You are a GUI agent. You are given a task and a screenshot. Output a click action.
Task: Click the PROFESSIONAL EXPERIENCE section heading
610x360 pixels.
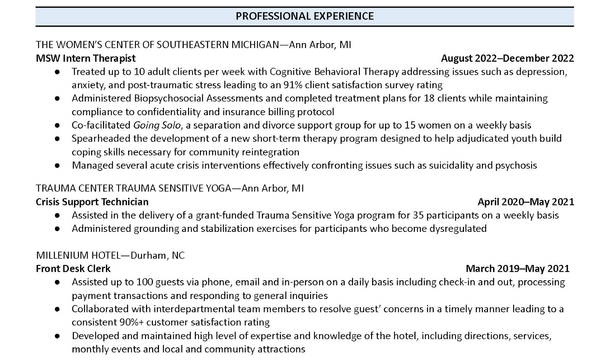(x=305, y=16)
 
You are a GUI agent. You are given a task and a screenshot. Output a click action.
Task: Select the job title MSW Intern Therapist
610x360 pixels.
(x=86, y=58)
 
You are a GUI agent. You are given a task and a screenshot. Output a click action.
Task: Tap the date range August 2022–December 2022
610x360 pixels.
(x=507, y=58)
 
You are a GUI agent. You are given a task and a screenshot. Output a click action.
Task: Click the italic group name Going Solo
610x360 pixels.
(x=157, y=125)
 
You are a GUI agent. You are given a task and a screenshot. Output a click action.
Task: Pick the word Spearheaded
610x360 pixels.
(x=101, y=138)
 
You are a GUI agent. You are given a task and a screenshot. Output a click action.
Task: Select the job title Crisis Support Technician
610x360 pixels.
(x=92, y=202)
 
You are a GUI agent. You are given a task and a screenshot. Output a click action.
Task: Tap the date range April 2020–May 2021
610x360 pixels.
(x=526, y=202)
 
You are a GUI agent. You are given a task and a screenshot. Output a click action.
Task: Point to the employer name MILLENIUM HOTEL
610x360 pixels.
(x=78, y=255)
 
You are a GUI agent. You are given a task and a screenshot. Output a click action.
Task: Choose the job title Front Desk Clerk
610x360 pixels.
(x=73, y=269)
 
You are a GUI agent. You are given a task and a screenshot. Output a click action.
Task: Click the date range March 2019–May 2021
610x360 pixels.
(x=517, y=269)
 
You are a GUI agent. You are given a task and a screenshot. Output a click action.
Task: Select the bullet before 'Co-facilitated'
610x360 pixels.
(x=57, y=125)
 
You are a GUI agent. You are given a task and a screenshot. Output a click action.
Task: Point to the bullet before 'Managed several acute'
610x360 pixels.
(x=57, y=166)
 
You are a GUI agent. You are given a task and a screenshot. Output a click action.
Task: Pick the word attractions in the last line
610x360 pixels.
(x=282, y=349)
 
